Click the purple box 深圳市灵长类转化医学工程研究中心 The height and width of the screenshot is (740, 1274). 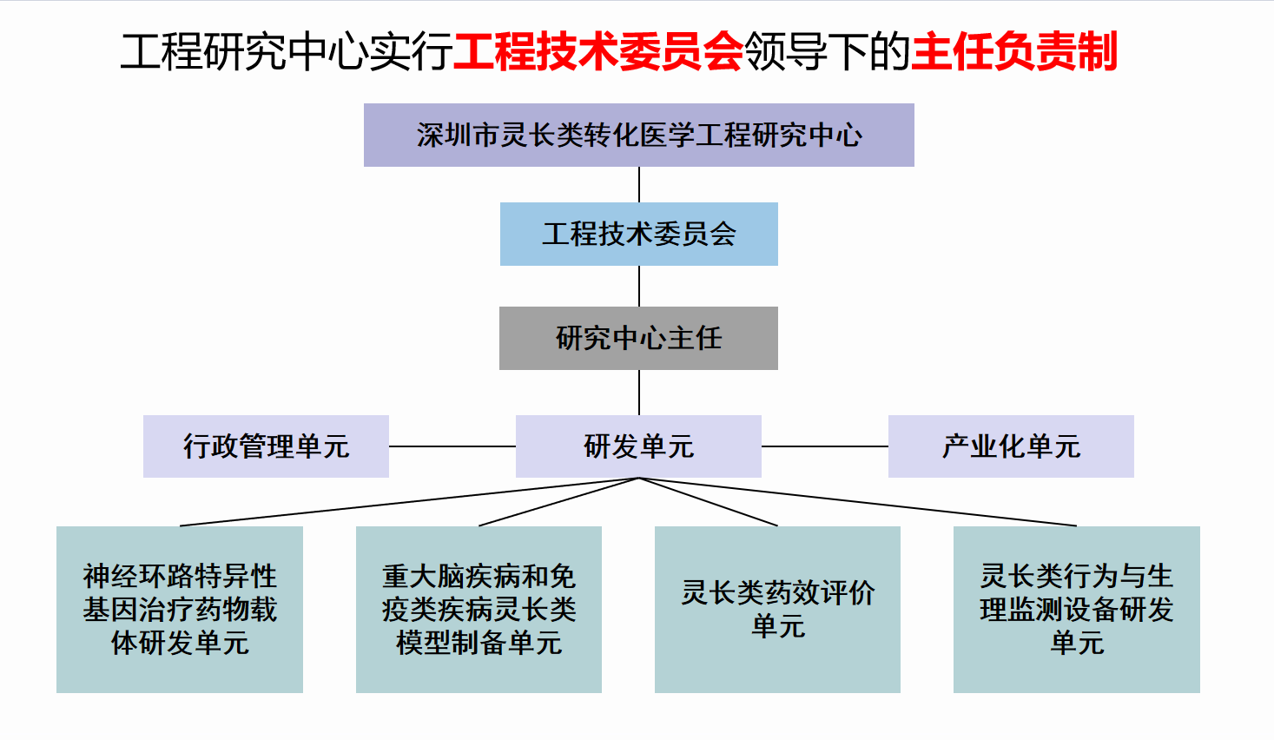[x=638, y=135]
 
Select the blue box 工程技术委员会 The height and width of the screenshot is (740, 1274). [x=638, y=234]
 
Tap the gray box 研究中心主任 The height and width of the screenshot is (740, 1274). [x=638, y=339]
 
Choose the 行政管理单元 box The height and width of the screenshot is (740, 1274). [x=266, y=446]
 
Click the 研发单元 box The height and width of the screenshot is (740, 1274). [x=638, y=446]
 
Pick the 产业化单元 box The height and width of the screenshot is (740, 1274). [x=1011, y=446]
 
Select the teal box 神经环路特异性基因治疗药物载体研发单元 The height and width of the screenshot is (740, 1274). [x=180, y=609]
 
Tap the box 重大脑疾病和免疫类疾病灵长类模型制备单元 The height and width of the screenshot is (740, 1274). [x=479, y=609]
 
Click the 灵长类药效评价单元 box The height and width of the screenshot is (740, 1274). [x=777, y=609]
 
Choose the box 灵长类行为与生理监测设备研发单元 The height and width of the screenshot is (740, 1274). [x=1077, y=609]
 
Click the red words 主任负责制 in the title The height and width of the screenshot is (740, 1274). [x=1014, y=52]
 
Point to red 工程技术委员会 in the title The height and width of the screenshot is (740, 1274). [x=598, y=52]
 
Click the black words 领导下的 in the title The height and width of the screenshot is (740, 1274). [x=828, y=52]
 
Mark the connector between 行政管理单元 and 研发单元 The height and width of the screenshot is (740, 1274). [x=452, y=446]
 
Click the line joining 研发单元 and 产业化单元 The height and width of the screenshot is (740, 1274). [x=825, y=446]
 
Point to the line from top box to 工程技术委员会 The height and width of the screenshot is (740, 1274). [x=639, y=184]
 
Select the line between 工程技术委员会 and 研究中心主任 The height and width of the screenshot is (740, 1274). [x=639, y=286]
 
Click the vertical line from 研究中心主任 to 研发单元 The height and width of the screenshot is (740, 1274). [x=639, y=393]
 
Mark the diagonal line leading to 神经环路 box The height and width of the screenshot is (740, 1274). [x=410, y=502]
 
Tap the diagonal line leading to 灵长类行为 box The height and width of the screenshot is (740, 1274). [x=858, y=502]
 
